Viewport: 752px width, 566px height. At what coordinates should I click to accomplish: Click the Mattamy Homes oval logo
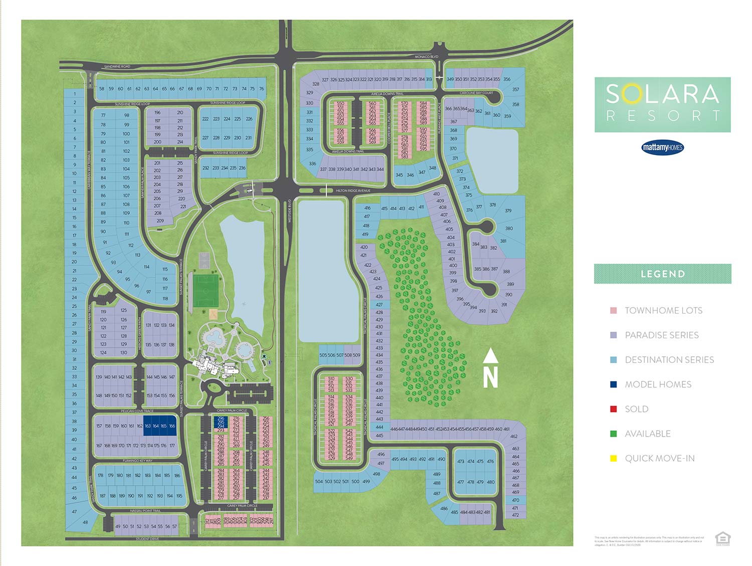pos(662,148)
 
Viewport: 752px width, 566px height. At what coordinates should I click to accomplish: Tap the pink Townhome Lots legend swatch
pos(613,311)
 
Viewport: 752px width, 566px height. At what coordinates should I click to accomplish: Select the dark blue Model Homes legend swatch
pos(613,384)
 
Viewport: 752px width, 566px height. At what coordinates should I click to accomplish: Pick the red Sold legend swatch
pos(613,409)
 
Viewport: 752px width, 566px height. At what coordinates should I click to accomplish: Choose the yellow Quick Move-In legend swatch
pos(613,458)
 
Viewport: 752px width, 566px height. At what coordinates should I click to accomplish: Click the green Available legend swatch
pos(613,434)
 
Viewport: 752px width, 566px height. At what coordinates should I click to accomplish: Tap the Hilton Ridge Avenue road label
pos(353,191)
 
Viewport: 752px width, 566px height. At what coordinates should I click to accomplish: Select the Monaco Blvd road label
pos(426,57)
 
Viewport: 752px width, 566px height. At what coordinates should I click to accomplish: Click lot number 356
pos(507,79)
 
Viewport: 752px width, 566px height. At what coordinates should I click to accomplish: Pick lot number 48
pos(85,522)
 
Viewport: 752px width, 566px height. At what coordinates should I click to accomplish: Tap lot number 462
pos(514,437)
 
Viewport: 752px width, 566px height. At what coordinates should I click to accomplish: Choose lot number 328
pos(316,84)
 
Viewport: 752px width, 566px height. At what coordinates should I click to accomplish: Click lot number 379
pos(508,211)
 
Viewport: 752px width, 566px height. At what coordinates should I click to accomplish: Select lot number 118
pos(165,299)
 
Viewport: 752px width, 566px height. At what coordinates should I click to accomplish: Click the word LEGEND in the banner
pos(662,274)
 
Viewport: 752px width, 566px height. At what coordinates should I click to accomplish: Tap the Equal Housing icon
pos(722,538)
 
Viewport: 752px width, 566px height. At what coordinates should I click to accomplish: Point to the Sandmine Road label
pos(117,66)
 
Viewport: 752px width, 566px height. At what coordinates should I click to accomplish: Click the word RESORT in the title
pos(662,116)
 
